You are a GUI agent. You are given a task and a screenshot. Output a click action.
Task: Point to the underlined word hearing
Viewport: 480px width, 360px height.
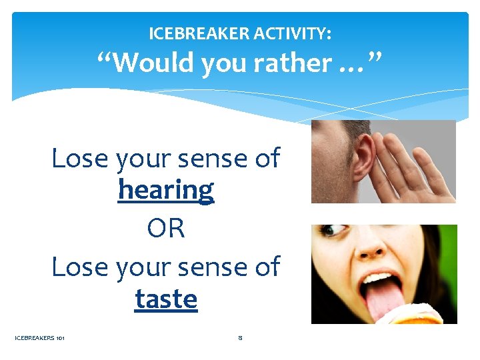coord(166,190)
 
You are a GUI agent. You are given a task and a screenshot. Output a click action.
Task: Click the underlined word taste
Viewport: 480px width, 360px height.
coord(166,299)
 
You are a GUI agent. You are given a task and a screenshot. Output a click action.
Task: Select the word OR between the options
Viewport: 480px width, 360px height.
coord(166,229)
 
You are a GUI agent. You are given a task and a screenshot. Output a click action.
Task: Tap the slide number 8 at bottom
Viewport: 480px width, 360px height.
coord(240,338)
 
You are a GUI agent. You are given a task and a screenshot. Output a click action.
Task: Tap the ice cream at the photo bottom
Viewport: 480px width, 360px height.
coord(413,316)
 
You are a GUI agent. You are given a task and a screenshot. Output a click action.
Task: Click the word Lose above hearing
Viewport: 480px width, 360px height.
coord(80,159)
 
